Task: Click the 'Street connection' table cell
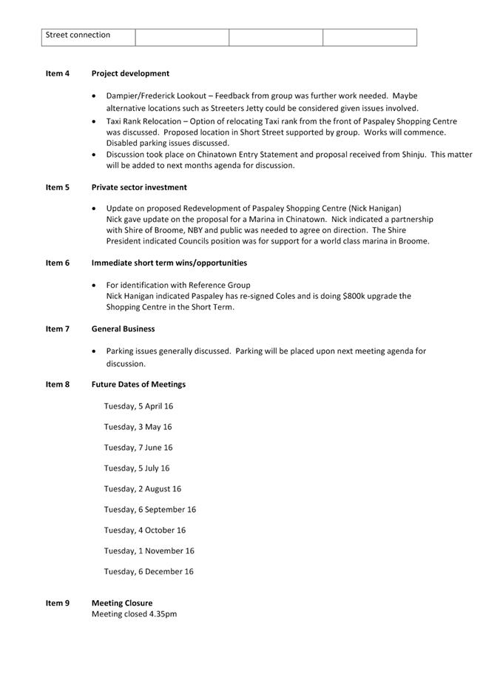tap(78, 35)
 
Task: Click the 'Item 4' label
tap(58, 73)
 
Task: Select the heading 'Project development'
tap(130, 73)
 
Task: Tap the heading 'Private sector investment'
tap(139, 187)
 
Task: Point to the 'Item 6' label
tap(58, 263)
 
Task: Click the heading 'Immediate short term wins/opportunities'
tap(169, 263)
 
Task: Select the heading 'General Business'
tap(124, 329)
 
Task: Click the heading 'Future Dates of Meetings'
tap(138, 384)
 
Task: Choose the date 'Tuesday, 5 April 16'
tap(138, 406)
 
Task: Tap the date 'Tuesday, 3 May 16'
tap(138, 427)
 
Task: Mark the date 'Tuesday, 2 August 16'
tap(142, 489)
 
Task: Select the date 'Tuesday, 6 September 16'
tap(149, 510)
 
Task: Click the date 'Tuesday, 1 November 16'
tap(149, 551)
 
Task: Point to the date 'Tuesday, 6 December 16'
tap(149, 571)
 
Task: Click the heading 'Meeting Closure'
tap(122, 603)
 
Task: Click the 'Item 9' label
tap(58, 603)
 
